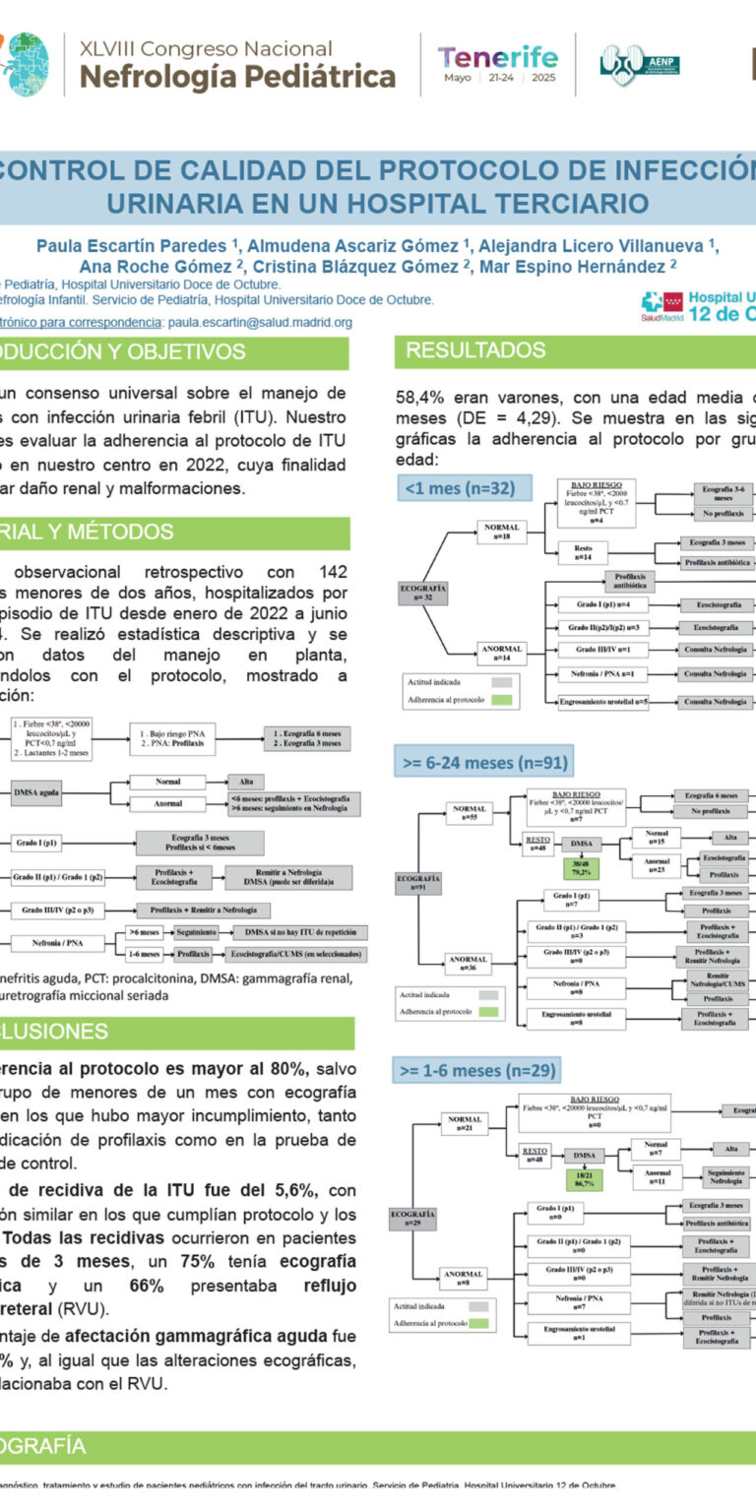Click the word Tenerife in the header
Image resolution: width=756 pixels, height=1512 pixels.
(497, 57)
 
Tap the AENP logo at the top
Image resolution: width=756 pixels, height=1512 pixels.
(639, 65)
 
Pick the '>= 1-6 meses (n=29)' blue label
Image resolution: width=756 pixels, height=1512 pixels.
(477, 1070)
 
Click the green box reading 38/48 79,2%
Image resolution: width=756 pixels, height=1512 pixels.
(582, 869)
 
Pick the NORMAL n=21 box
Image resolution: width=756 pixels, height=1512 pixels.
(464, 1123)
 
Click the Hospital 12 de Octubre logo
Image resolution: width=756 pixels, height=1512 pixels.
(700, 306)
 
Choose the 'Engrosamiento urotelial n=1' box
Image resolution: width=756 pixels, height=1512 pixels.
(580, 1333)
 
